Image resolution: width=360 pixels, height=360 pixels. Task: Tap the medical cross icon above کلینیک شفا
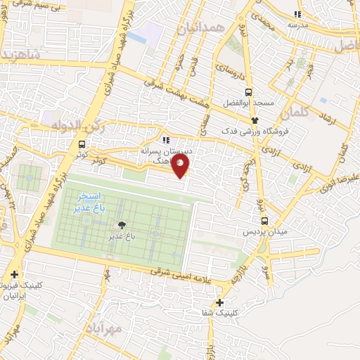click(x=220, y=302)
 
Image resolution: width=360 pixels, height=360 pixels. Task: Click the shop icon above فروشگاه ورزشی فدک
click(x=255, y=120)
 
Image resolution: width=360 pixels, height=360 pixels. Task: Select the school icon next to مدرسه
click(x=298, y=13)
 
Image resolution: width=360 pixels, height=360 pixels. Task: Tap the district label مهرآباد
click(x=105, y=328)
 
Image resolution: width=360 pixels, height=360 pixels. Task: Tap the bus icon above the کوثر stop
click(x=83, y=145)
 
